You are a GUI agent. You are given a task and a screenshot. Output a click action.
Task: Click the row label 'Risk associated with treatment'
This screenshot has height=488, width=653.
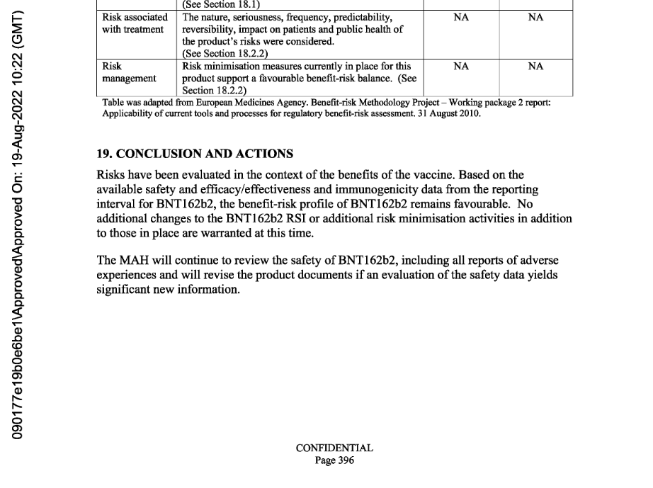point(135,23)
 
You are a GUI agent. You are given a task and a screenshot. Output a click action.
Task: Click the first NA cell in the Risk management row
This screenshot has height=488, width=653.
point(460,67)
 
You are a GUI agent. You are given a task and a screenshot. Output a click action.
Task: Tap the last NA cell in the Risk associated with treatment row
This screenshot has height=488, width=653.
point(535,18)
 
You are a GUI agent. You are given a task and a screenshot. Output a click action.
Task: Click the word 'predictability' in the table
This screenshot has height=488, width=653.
point(358,18)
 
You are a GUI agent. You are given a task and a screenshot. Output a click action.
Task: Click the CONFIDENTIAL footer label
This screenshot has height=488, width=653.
point(334,448)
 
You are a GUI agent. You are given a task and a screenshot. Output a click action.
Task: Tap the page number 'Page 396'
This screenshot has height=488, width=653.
point(334,460)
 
